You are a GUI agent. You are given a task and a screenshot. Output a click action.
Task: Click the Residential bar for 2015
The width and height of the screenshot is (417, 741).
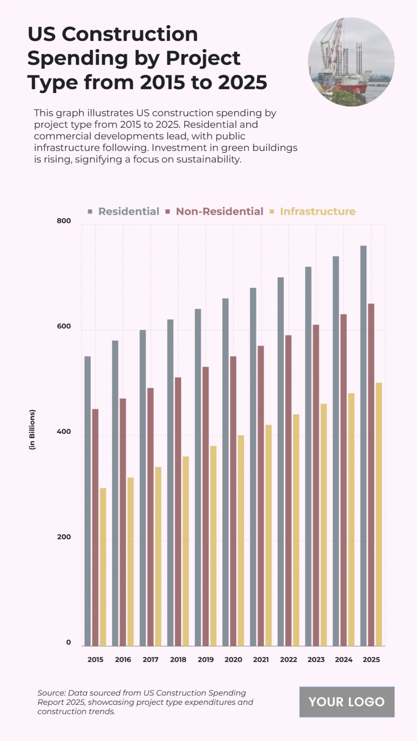[88, 500]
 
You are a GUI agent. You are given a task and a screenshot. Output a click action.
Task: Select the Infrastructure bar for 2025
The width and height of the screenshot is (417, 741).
[379, 514]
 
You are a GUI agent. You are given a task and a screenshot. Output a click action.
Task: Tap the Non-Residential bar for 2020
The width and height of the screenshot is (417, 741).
[233, 500]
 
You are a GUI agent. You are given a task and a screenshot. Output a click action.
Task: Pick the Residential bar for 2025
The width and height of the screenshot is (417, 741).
[363, 445]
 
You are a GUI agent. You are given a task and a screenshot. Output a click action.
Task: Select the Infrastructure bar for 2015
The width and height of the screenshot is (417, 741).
[103, 566]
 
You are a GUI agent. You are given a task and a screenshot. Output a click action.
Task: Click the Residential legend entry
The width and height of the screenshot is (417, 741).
[128, 211]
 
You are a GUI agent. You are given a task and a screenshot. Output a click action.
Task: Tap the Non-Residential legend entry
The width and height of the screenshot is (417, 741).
[219, 211]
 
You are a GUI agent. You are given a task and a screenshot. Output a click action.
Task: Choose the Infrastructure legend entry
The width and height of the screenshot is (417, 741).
[317, 211]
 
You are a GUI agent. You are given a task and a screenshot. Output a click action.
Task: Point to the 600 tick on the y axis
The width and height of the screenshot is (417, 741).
[64, 326]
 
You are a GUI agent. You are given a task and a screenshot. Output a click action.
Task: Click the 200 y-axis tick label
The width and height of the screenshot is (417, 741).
[64, 537]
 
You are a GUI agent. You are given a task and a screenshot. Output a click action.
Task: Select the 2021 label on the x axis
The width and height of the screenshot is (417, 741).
[261, 659]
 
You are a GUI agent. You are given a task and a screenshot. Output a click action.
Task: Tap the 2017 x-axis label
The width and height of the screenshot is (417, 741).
[150, 659]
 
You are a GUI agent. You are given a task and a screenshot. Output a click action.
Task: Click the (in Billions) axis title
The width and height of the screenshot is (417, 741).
[32, 430]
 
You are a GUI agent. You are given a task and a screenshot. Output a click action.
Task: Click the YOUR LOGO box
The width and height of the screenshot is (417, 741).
[347, 702]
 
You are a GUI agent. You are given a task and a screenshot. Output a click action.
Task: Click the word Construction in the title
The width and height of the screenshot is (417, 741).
[130, 34]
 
